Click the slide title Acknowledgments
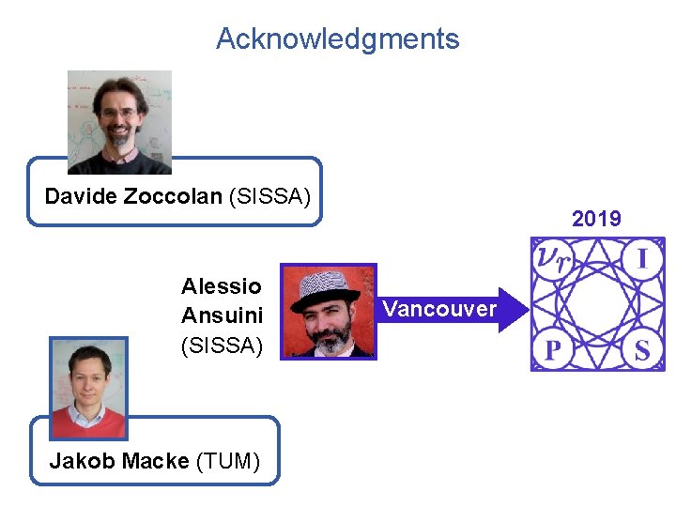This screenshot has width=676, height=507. click(x=337, y=38)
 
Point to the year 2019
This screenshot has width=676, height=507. click(x=596, y=219)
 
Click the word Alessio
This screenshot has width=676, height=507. click(x=222, y=285)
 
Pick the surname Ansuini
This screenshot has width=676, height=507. click(x=222, y=315)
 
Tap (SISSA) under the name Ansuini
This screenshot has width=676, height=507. click(x=222, y=346)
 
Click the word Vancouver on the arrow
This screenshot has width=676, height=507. click(x=439, y=309)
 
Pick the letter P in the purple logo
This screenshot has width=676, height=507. click(x=553, y=351)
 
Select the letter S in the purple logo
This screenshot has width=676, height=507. click(x=642, y=351)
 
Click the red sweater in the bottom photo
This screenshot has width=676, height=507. click(x=87, y=423)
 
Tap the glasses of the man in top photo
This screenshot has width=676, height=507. click(x=119, y=112)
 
